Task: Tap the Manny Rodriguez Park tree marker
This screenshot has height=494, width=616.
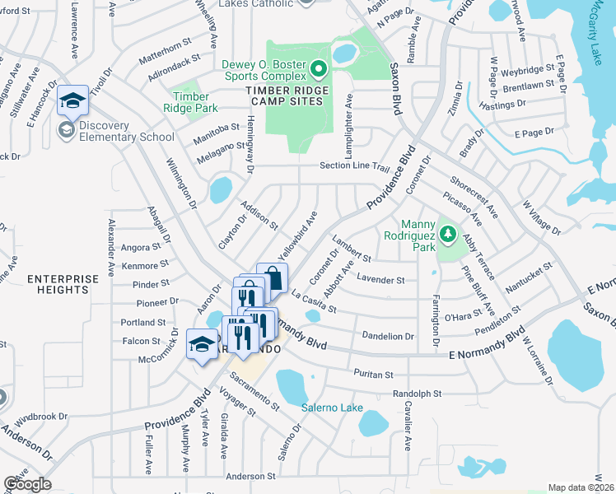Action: (447, 234)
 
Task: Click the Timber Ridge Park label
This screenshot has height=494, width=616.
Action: (190, 102)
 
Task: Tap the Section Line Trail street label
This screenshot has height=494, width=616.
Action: (354, 165)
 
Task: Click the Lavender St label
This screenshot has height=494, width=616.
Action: (380, 280)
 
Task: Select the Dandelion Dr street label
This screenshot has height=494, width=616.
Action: (388, 336)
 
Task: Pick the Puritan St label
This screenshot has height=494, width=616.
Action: (374, 375)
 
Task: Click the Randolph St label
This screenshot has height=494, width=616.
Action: (418, 394)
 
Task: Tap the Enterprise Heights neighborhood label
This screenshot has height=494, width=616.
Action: (58, 285)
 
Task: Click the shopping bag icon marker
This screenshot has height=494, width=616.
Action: (271, 278)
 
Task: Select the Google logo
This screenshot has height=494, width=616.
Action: (27, 483)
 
